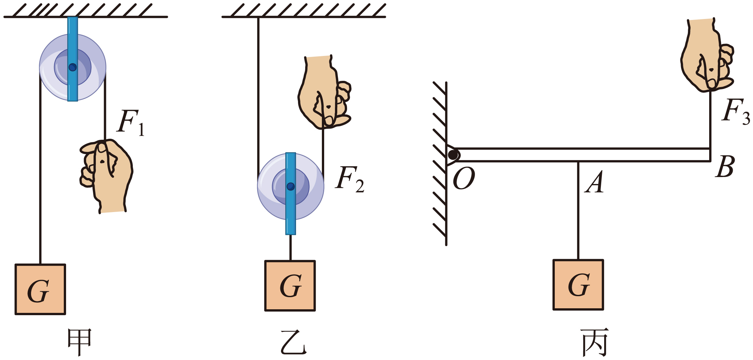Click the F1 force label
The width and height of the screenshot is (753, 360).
coord(131,122)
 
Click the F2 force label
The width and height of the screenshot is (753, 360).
coord(350,179)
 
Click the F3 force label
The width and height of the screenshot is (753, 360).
coord(736,112)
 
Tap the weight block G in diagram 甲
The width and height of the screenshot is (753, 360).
coord(40,289)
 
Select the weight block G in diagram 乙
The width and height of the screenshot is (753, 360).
coord(290,286)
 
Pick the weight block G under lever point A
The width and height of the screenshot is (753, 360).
coord(578,285)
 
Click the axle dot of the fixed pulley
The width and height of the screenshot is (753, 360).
coord(73,67)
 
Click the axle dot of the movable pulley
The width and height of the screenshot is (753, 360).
coord(291,187)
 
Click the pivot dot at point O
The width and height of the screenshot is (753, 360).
coord(453,155)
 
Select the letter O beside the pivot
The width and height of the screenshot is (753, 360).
coord(464,178)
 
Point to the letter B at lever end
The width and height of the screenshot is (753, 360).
coord(725,167)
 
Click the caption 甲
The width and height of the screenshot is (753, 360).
coord(79,342)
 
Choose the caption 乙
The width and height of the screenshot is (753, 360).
coord(294,342)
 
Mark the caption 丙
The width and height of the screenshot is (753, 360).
coord(595,342)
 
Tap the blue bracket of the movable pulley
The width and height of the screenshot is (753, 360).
coord(290,194)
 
